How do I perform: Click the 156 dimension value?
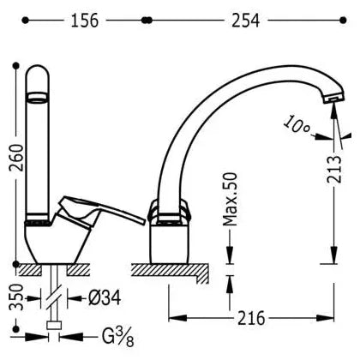[x=85, y=21]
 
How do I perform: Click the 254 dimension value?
[x=245, y=21]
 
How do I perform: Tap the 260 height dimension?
[x=16, y=158]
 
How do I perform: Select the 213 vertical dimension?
[x=334, y=169]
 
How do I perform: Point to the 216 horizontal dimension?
[x=251, y=318]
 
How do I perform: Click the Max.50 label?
[x=230, y=199]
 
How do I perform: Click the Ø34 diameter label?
[x=105, y=298]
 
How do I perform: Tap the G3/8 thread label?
[x=117, y=337]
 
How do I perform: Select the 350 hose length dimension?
[x=16, y=297]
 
